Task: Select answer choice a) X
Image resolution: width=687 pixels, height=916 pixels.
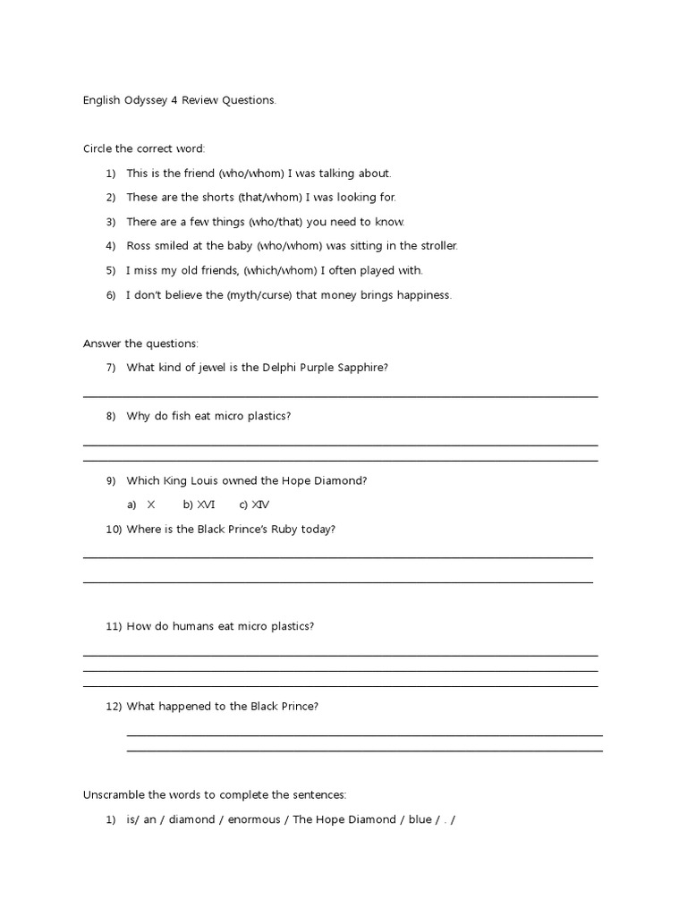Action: tap(142, 505)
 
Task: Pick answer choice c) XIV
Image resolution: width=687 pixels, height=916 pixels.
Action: tap(255, 505)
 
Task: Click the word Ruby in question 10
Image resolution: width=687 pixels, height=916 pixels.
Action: tap(290, 530)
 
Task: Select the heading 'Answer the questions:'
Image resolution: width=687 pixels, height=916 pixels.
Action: tap(141, 343)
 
